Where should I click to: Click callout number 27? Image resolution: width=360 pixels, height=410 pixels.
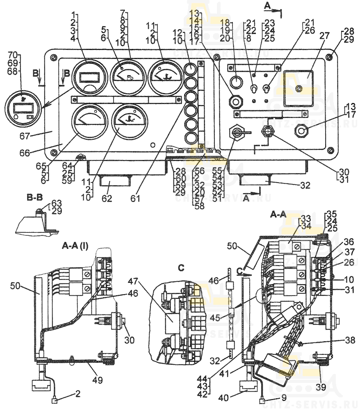point(324,36)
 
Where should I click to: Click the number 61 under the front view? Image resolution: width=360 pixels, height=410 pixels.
point(135,199)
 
